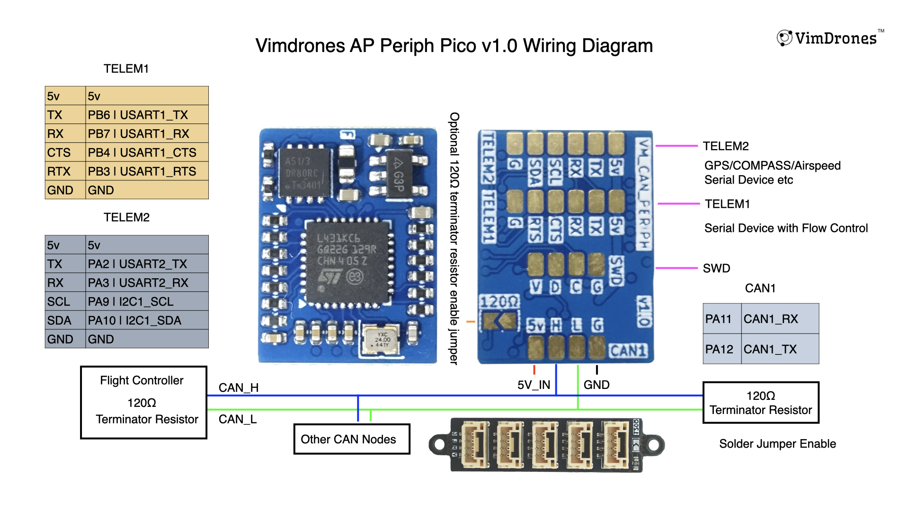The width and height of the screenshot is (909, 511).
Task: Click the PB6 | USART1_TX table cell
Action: [147, 115]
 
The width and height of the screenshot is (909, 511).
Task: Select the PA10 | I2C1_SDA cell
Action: [147, 320]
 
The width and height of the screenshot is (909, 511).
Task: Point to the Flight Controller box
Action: [143, 402]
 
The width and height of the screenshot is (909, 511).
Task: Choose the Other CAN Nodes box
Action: [351, 439]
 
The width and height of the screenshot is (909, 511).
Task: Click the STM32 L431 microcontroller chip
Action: [348, 263]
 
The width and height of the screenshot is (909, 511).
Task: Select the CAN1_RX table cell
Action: [779, 319]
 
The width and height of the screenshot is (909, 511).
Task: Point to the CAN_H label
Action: [238, 388]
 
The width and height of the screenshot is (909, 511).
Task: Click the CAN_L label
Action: [237, 419]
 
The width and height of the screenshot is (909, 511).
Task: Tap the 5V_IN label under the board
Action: [534, 385]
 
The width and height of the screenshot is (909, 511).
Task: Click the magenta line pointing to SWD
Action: [677, 268]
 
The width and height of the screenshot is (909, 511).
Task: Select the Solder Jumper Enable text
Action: [777, 444]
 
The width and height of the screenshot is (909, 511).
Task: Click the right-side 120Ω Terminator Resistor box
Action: [760, 403]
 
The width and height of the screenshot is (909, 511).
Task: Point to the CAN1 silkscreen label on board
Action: [628, 351]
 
